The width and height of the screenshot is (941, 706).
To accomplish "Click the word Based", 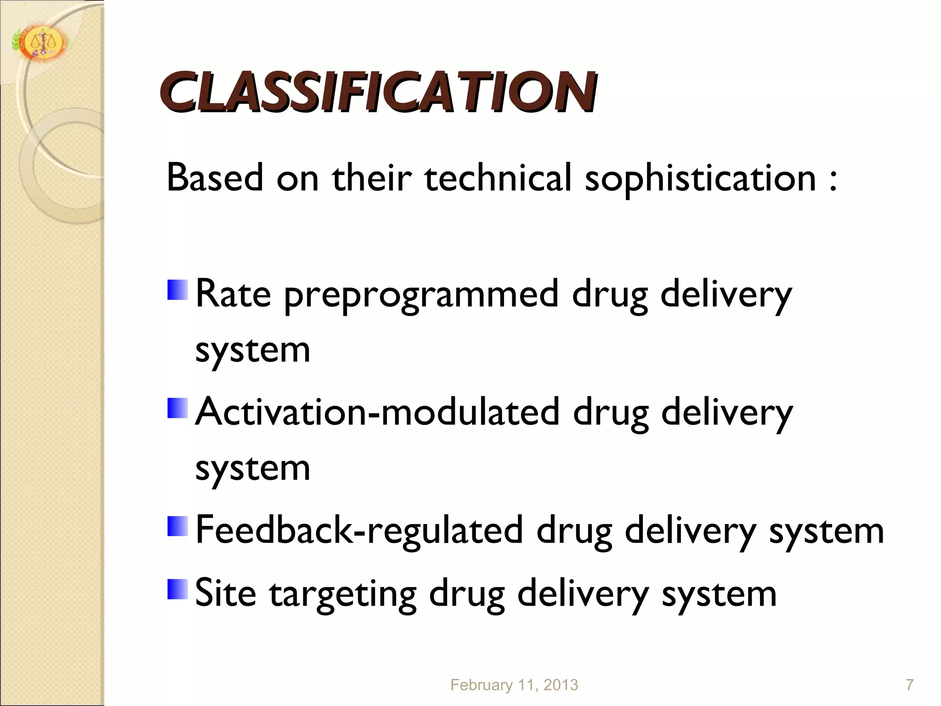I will (215, 178).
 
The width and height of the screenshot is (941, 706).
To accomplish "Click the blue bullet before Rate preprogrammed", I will (177, 290).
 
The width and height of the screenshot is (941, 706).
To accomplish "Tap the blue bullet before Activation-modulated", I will (177, 408).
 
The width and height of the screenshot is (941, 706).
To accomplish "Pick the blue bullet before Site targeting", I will (177, 589).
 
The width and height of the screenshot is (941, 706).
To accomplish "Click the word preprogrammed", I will (421, 296).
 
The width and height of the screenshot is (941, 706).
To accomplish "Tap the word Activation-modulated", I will (377, 412).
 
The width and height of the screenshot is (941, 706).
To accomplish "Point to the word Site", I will (226, 593).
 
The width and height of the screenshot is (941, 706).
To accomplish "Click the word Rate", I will (233, 294).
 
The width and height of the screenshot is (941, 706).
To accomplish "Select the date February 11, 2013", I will (514, 685).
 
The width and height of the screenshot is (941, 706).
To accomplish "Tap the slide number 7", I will (909, 685).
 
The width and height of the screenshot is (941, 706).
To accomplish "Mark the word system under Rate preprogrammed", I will (253, 351).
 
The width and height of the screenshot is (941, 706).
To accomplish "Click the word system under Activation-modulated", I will (253, 469).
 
